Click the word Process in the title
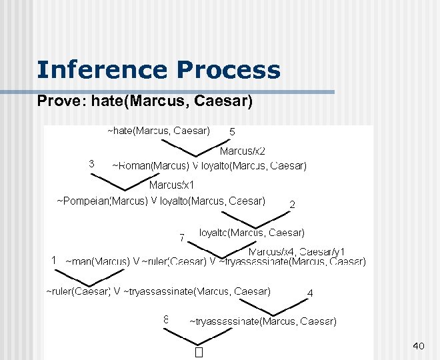229,69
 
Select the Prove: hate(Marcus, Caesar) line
145,101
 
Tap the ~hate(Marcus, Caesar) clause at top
159,130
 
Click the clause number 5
232,132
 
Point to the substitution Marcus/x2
243,151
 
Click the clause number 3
91,163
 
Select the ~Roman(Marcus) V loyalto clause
209,165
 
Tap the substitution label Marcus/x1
172,185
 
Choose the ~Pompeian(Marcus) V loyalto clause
161,200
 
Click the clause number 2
292,205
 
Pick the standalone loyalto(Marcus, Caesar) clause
252,233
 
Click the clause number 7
181,237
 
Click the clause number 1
54,261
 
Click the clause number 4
310,293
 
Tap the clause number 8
167,319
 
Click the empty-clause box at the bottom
198,351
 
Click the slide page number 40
419,345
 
